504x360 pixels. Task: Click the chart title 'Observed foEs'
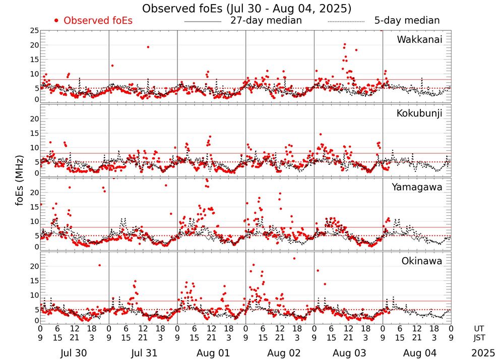[246, 9]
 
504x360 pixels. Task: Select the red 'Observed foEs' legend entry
[93, 21]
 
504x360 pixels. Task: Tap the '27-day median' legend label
[266, 21]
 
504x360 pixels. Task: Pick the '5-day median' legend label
[407, 21]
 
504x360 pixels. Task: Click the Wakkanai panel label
[419, 40]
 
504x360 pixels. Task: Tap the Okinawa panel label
[421, 261]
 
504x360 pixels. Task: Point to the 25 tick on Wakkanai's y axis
[34, 31]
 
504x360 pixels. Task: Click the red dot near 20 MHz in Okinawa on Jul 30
[99, 265]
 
